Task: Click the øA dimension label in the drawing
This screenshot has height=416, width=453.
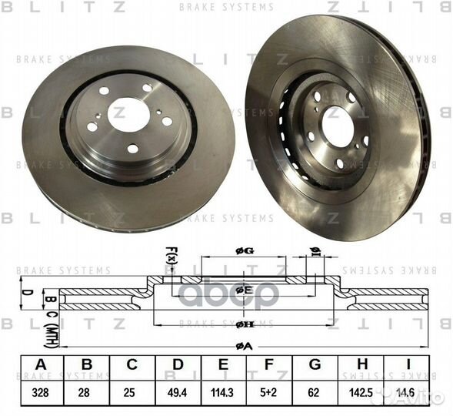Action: (x=245, y=347)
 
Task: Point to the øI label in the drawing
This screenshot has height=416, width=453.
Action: (x=315, y=250)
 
